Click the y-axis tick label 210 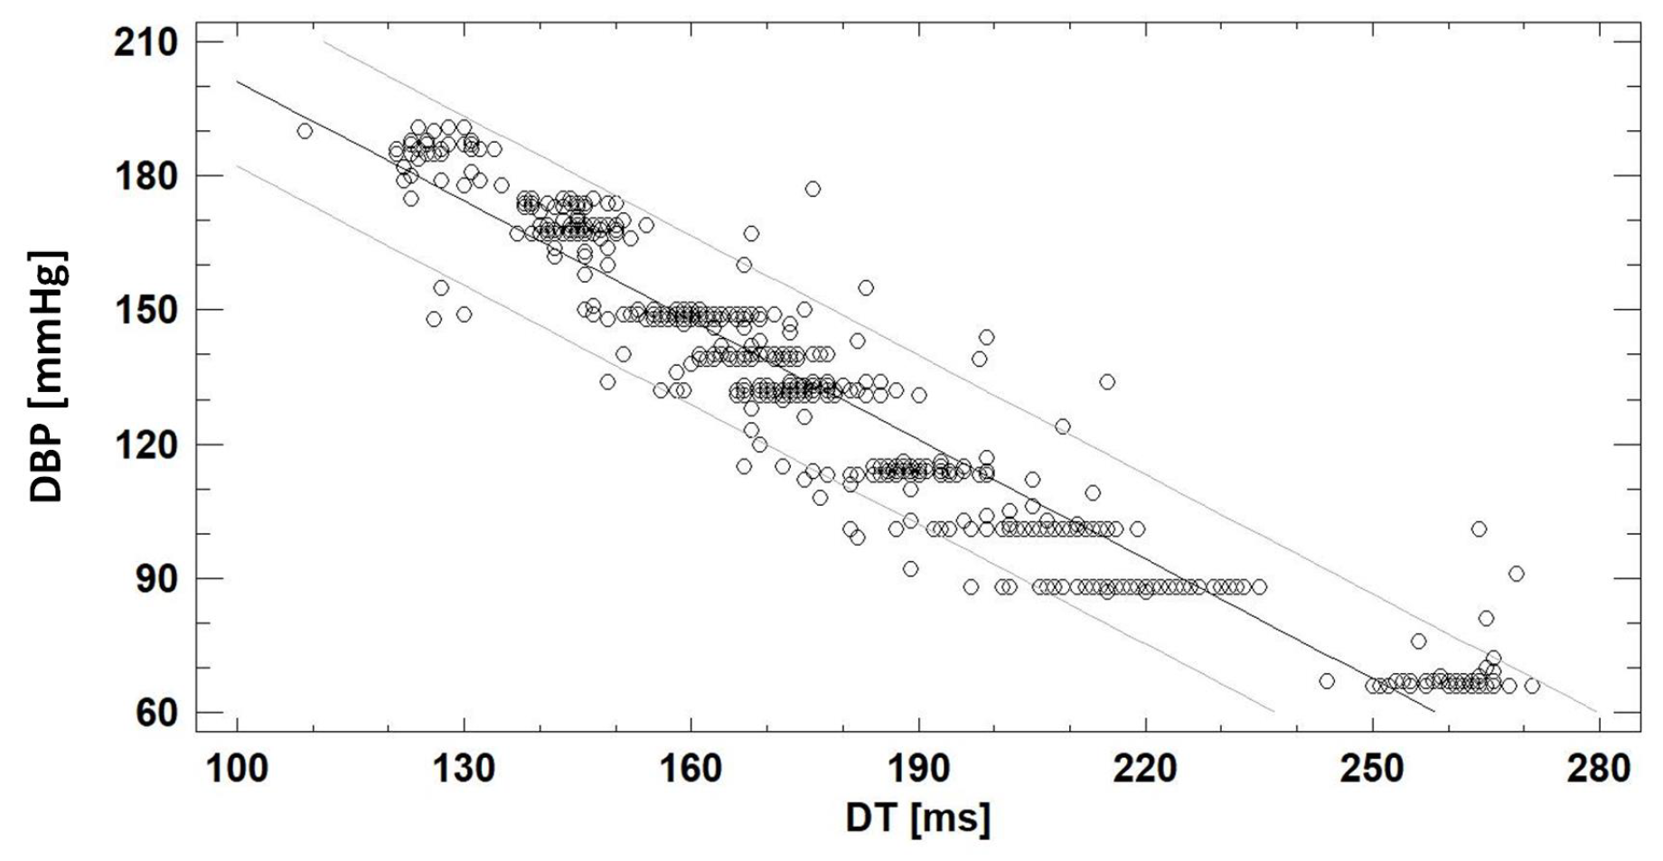(146, 42)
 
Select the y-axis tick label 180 (146, 176)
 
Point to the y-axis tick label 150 (146, 310)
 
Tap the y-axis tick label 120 (146, 445)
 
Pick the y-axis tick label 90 (155, 578)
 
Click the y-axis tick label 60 (155, 713)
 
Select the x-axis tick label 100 (237, 769)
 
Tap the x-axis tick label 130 (464, 769)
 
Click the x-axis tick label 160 (691, 769)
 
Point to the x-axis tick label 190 (918, 769)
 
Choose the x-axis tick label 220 (1145, 769)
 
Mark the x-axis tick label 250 (1372, 769)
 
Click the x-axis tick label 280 (1599, 769)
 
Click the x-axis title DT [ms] (917, 818)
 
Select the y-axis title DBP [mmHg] (47, 377)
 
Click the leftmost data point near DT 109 (305, 131)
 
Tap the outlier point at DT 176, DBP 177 (813, 189)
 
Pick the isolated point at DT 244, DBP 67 (1327, 681)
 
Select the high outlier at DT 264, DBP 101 (1479, 529)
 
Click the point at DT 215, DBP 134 (1107, 382)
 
